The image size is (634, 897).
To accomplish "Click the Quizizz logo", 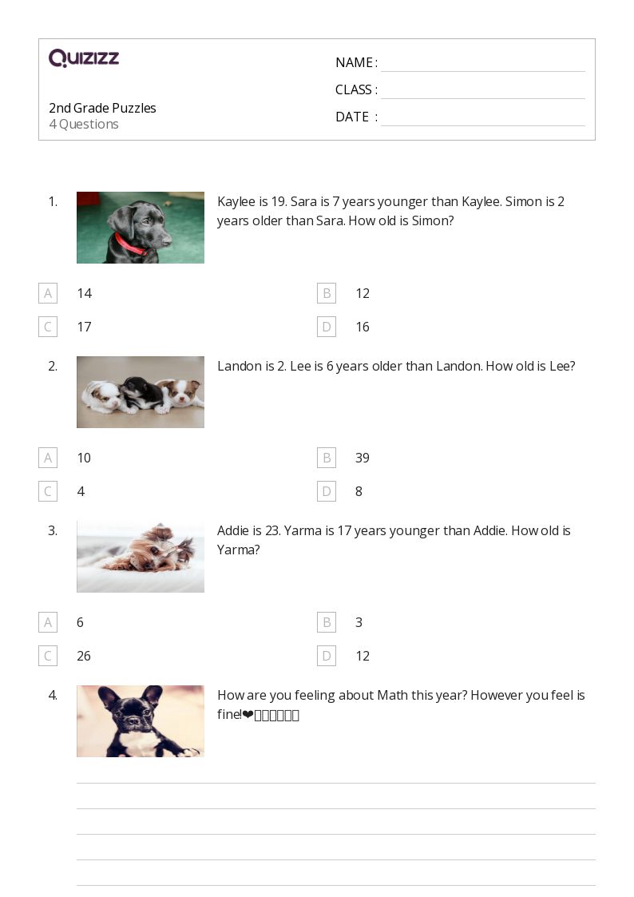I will pos(84,58).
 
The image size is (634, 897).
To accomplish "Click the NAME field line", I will pos(482,64).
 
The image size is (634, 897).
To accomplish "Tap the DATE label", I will pos(352,117).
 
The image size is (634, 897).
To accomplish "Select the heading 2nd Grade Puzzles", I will pos(102,108).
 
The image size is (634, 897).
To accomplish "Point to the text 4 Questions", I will pos(84,125).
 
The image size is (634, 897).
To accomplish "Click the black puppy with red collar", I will pos(141,228).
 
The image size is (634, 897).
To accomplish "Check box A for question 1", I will pos(48,293).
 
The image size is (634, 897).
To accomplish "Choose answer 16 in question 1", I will pos(363,327).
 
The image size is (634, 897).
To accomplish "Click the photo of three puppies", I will pos(141,392).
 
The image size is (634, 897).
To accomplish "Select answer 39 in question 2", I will pos(363,458).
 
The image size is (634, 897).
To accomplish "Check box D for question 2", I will pos(326,491).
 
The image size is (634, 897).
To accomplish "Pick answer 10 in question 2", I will pos(84,458).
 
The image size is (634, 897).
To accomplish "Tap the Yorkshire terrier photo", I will pos(141,557).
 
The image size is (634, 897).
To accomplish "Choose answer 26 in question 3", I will pos(84,656).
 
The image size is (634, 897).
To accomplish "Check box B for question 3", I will pos(326,622).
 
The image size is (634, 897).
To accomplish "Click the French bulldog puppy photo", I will pos(141,721).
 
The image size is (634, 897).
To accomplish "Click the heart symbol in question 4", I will pos(248,715).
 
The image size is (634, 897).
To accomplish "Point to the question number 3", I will pos(53,530).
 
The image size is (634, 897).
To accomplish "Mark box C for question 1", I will pos(48,327).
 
